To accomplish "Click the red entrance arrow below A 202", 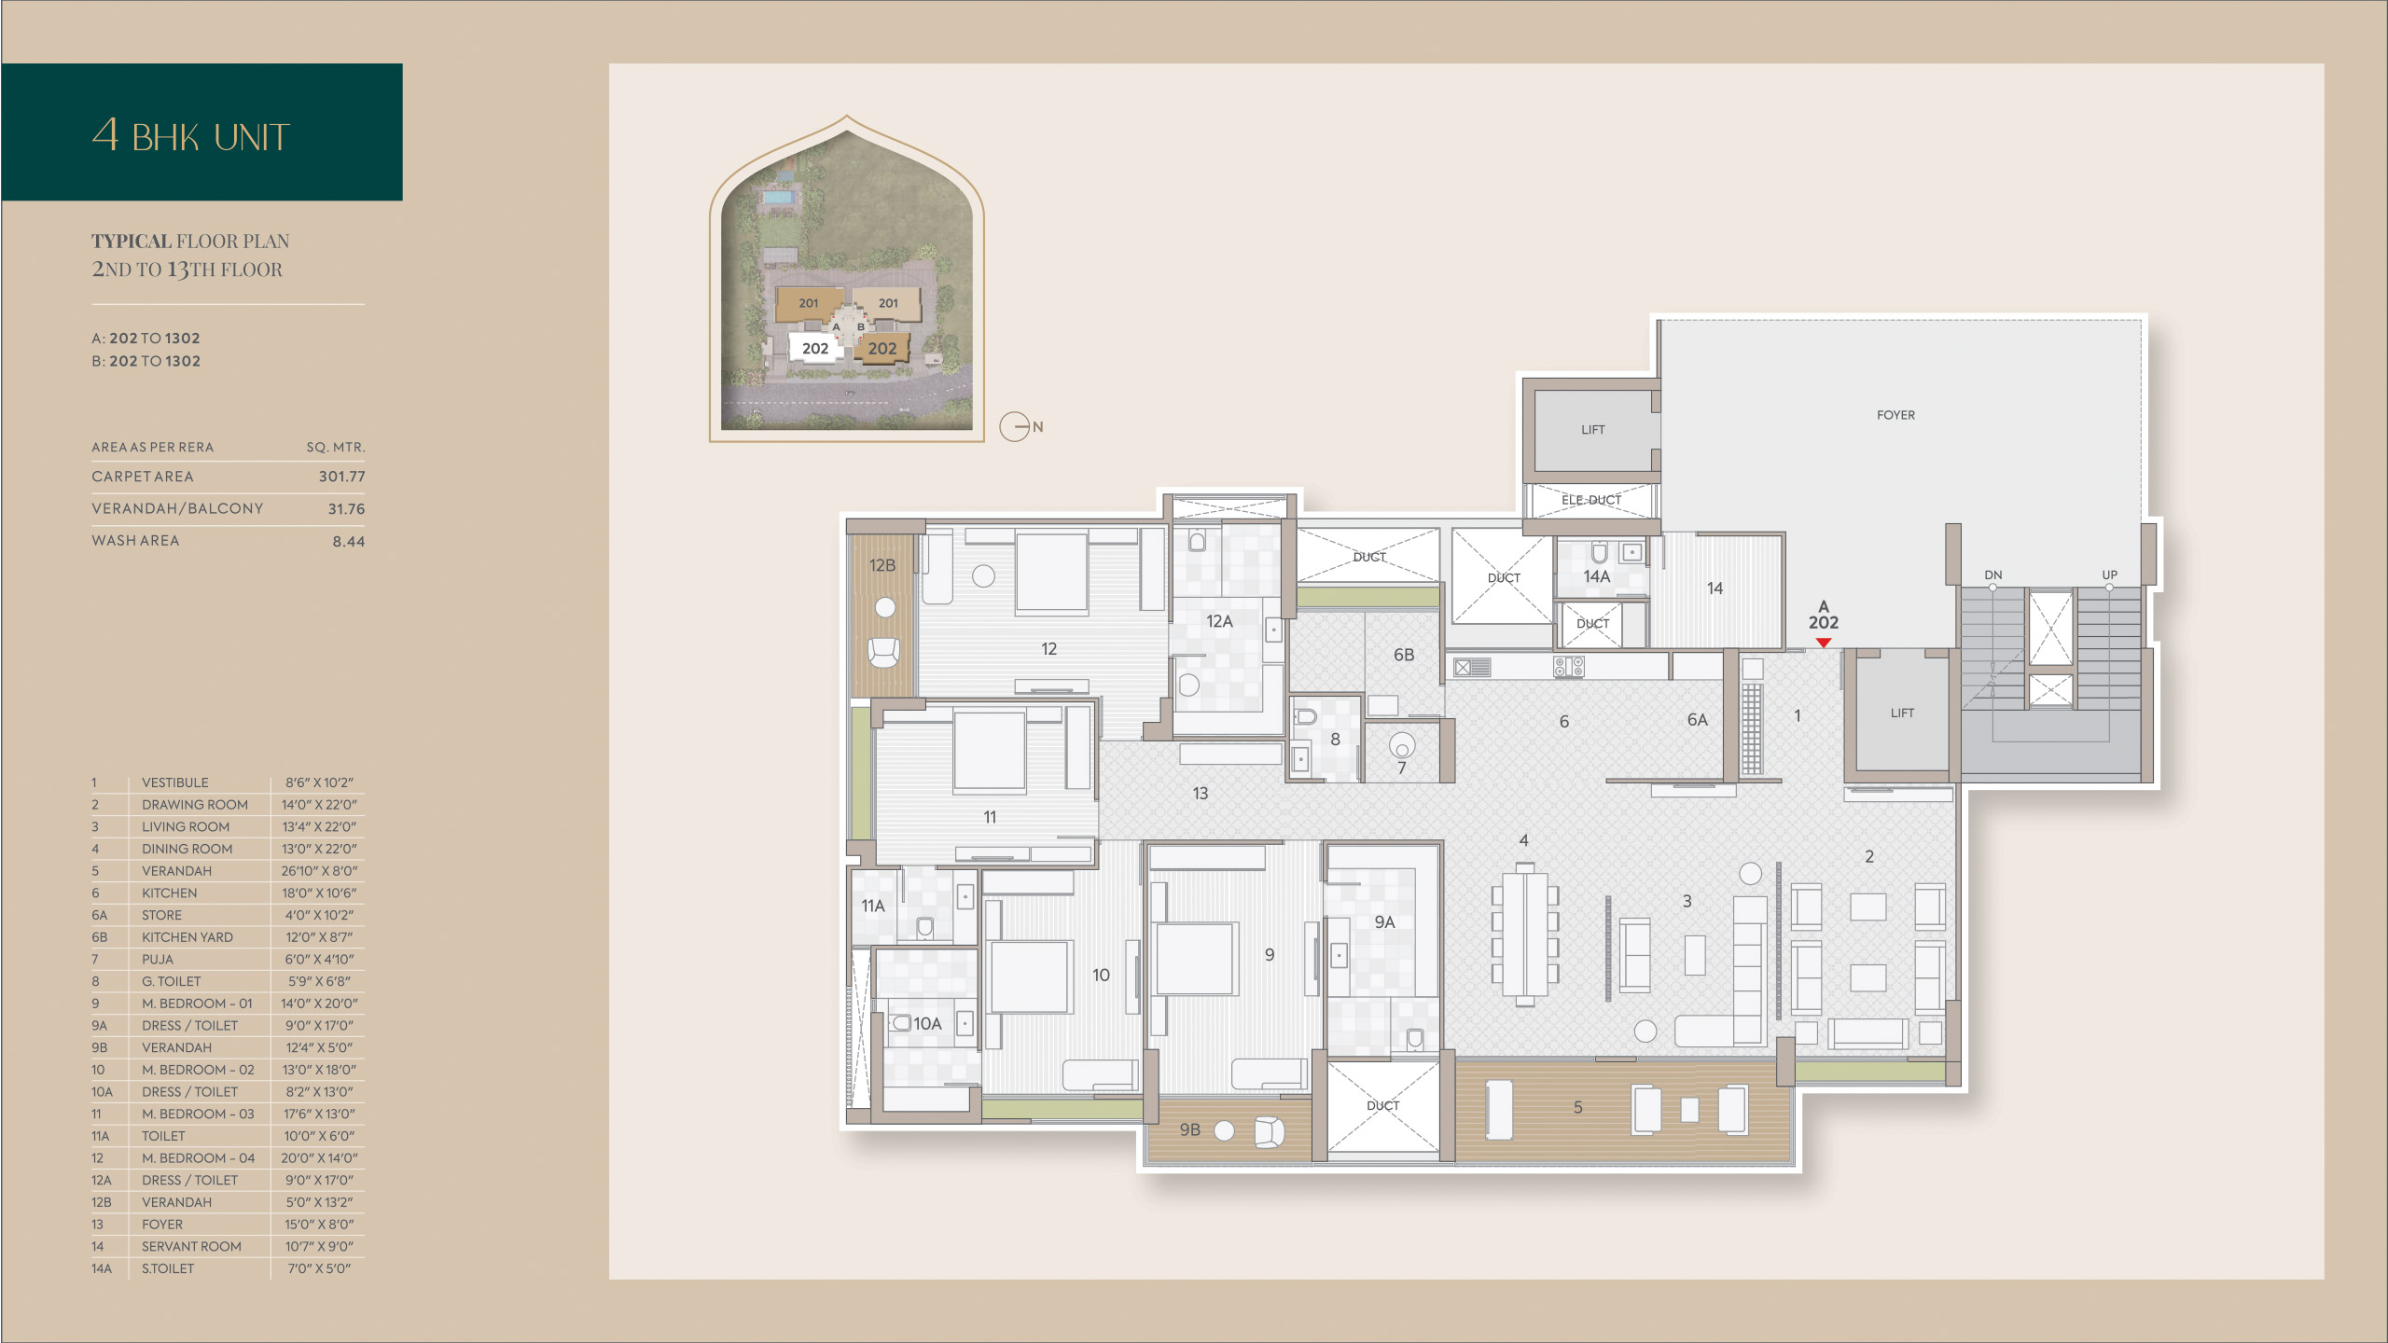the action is click(x=1824, y=643).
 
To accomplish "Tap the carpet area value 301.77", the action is click(x=341, y=477).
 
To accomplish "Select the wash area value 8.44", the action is click(x=349, y=542).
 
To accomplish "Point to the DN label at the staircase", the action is click(x=1993, y=575).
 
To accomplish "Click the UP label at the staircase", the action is click(x=2110, y=575).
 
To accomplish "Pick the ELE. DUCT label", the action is click(x=1591, y=500).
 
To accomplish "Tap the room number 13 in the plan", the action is click(x=1201, y=794).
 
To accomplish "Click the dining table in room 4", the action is click(x=1525, y=934).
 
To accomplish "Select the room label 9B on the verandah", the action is click(x=1189, y=1129).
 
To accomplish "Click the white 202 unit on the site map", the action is click(x=815, y=348).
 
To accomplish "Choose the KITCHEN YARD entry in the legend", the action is click(x=187, y=937).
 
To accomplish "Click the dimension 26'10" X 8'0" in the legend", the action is click(x=320, y=871).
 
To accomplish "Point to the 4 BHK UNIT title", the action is click(x=191, y=135).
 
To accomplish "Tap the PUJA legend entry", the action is click(x=158, y=960).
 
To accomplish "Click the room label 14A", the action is click(x=1597, y=576).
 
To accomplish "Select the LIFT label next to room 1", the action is click(x=1902, y=713).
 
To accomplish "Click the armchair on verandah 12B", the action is click(x=883, y=652).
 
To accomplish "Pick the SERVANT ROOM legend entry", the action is click(x=191, y=1247).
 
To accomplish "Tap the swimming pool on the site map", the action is click(x=781, y=198).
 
